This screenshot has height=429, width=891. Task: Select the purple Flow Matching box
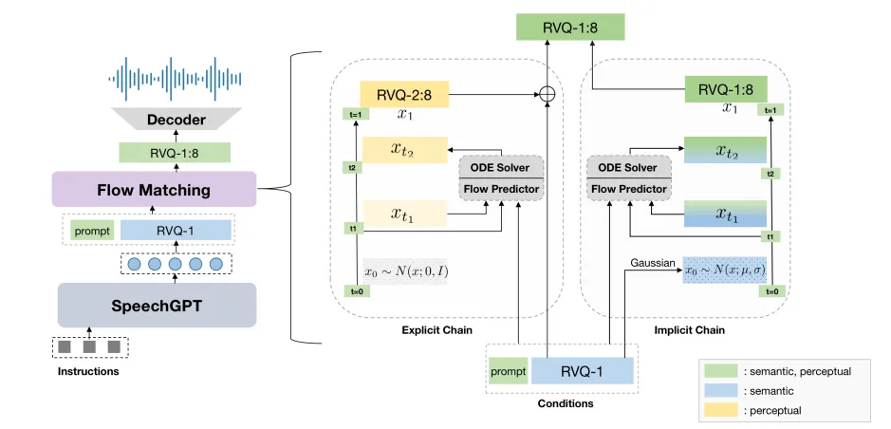154,190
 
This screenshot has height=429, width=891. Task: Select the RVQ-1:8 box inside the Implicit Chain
726,91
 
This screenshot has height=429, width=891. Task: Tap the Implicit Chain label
689,330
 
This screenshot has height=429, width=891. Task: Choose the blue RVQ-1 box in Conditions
582,371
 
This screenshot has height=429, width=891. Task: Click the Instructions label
88,371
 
